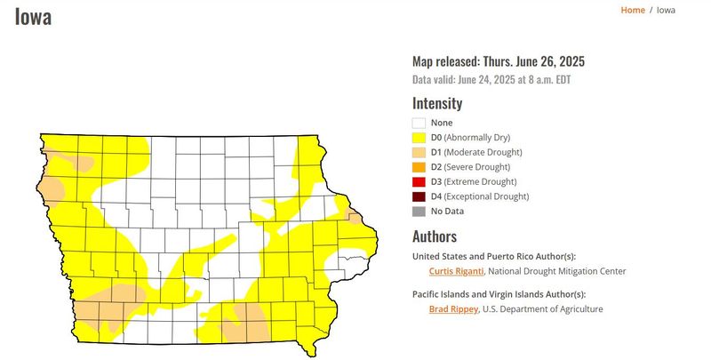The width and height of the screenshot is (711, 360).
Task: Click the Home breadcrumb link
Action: coord(633,10)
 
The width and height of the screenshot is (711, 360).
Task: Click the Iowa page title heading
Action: coord(33,17)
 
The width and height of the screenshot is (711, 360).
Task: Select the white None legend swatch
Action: coord(419,123)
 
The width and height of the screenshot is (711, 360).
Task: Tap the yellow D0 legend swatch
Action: coord(419,138)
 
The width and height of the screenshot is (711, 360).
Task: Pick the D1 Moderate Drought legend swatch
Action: coord(419,153)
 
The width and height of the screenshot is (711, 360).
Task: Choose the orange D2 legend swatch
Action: coord(419,167)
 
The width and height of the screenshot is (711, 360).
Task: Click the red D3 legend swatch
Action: coord(419,181)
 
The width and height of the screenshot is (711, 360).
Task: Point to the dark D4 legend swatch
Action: coord(419,196)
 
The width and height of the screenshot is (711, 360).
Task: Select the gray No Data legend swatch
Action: coord(419,211)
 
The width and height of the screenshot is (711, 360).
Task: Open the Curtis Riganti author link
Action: coord(455,271)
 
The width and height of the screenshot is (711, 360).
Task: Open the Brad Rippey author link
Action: coord(453,309)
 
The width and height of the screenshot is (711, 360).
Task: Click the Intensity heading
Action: coord(437,103)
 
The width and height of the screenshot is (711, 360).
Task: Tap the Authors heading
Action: coord(435,236)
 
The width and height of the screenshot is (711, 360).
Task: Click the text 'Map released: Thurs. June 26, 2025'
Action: coord(498,61)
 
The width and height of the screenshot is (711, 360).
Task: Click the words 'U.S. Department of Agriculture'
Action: coord(544,309)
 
